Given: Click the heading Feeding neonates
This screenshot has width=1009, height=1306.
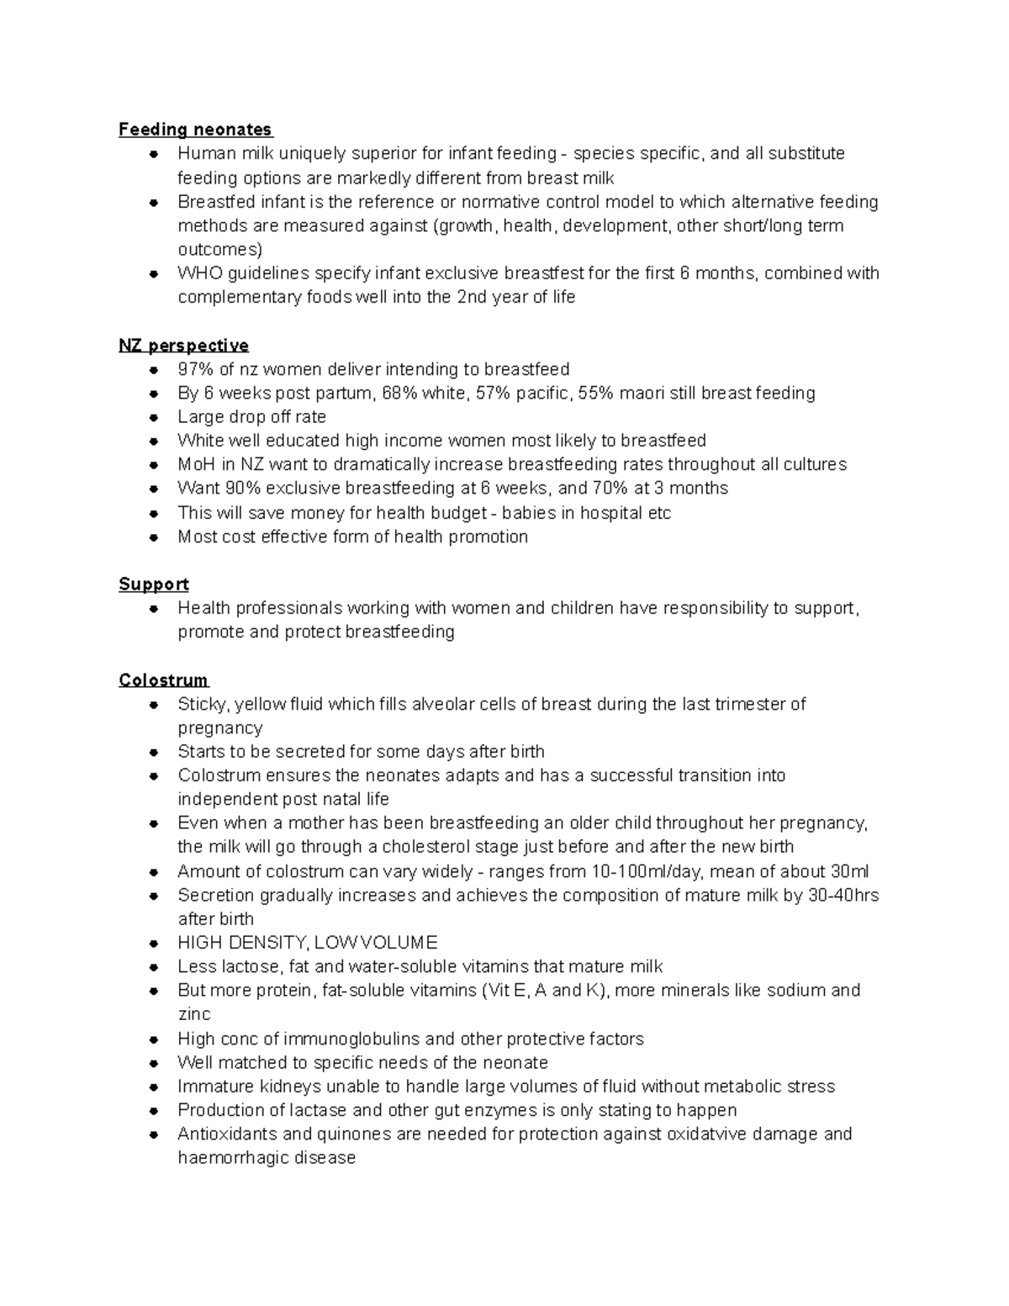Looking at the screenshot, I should (x=195, y=130).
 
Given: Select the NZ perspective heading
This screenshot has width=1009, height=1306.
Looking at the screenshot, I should (x=183, y=346).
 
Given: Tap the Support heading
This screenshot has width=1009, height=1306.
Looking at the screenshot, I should (x=153, y=584).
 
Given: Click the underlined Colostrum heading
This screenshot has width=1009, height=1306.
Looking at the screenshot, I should (x=163, y=680).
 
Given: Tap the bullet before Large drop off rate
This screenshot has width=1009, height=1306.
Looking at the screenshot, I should (x=154, y=418).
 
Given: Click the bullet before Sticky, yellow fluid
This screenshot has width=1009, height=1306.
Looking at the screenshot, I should (x=154, y=705).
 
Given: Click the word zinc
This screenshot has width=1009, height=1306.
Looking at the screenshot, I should (x=193, y=1014).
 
